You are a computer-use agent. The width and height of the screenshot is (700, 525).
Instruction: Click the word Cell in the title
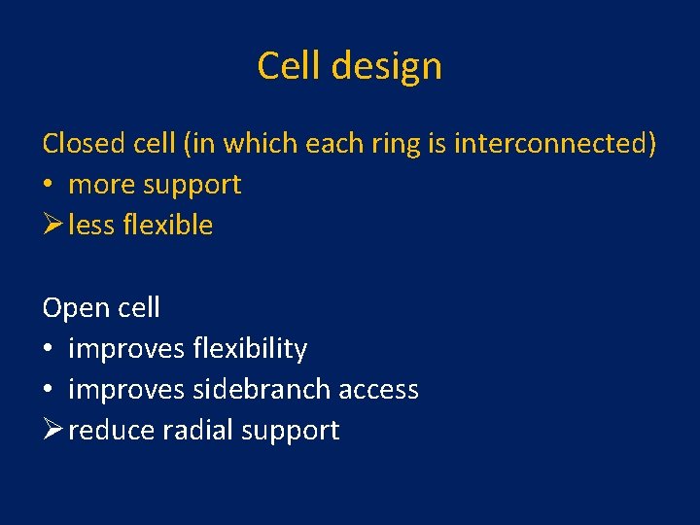click(288, 66)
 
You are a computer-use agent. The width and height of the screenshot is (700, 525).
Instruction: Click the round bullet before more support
click(49, 185)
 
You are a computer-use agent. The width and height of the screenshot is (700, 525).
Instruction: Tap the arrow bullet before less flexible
click(52, 225)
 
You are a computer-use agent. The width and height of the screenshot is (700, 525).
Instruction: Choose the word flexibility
click(251, 348)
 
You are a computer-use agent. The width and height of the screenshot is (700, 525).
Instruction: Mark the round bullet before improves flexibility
click(49, 348)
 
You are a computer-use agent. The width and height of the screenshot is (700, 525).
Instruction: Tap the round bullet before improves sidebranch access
click(49, 389)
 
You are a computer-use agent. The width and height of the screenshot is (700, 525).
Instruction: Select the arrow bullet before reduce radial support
click(52, 430)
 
